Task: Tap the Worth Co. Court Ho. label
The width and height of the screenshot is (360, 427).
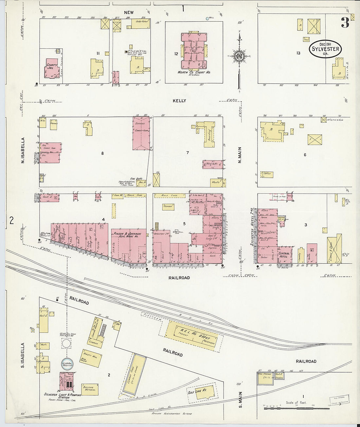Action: pos(194,72)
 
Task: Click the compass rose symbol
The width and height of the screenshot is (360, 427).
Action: pos(239,56)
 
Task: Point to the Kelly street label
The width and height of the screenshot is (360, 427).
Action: pos(179,100)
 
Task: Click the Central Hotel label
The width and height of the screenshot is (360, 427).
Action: pos(284,255)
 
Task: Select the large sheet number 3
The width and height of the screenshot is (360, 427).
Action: pos(345,23)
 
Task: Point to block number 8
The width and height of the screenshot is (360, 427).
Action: pos(102,153)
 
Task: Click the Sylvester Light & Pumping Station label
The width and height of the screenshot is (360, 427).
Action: pos(62,395)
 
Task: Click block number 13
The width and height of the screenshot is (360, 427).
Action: pos(298,53)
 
